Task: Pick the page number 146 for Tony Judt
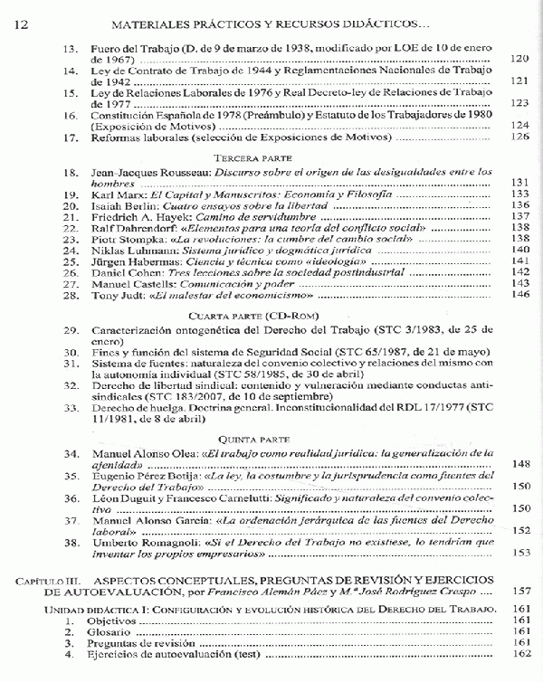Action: point(519,295)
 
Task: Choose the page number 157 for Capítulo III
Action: point(519,592)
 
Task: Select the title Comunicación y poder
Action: point(214,283)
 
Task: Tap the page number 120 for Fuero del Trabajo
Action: point(519,59)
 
